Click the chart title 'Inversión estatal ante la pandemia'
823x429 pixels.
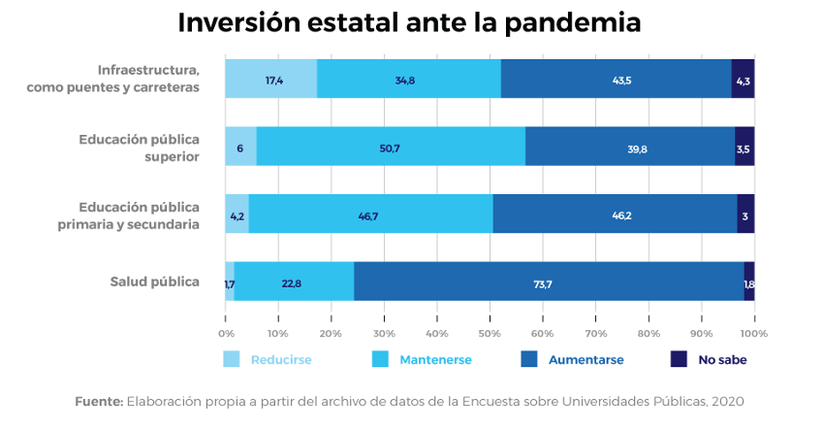(x=409, y=23)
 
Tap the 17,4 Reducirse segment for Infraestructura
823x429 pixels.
(x=271, y=79)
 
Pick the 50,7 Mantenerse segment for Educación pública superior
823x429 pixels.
(x=391, y=147)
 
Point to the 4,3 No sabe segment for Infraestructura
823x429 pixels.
(x=744, y=79)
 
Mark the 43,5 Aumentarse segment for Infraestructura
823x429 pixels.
(x=617, y=79)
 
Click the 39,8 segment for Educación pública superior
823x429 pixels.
(x=630, y=147)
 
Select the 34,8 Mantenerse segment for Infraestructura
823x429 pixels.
(x=409, y=79)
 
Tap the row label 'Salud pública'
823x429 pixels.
(x=155, y=281)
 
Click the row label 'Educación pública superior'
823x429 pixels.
(x=140, y=147)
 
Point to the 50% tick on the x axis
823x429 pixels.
(x=490, y=334)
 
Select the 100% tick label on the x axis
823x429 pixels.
(x=754, y=334)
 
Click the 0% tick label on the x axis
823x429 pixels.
(x=226, y=334)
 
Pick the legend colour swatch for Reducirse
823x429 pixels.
(x=232, y=359)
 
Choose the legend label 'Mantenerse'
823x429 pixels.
(x=434, y=359)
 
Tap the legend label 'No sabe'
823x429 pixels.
(x=722, y=359)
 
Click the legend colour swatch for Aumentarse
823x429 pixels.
(x=529, y=359)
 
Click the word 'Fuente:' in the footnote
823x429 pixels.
(x=98, y=401)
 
